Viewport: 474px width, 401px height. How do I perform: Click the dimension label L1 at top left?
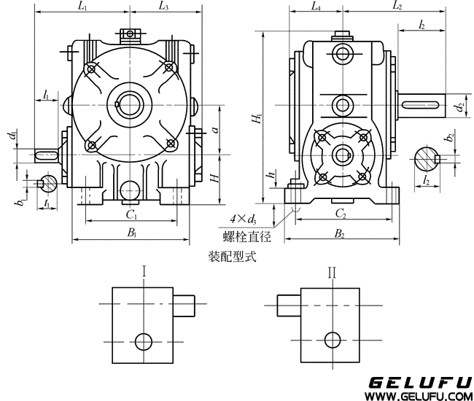tap(82, 8)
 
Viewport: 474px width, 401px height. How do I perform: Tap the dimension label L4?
tap(316, 7)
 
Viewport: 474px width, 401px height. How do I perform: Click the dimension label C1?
tap(131, 214)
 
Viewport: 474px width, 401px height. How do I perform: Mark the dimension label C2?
tap(340, 214)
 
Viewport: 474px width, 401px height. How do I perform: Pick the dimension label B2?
tap(340, 233)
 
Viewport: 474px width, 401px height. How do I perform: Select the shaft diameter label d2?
tap(458, 107)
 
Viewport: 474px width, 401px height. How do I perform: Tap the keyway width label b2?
tap(451, 137)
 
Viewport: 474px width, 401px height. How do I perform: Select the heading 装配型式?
tap(233, 257)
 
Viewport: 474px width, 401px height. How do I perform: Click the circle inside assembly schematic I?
tap(144, 340)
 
